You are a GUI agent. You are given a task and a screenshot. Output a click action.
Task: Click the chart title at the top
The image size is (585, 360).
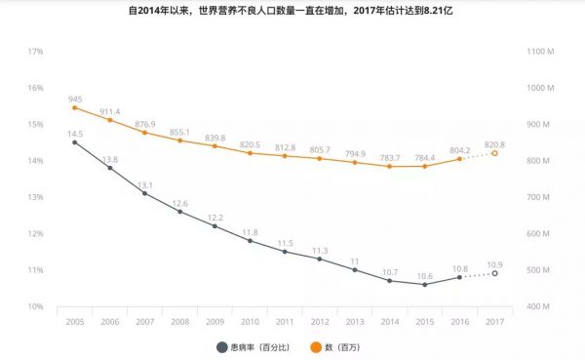pyautogui.click(x=292, y=10)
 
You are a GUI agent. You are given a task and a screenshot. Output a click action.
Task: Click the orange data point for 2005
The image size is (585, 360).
pyautogui.click(x=75, y=107)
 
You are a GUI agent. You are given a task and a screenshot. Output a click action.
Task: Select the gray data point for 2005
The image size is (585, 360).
pyautogui.click(x=75, y=142)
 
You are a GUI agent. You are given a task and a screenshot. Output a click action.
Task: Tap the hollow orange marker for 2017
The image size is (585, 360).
pyautogui.click(x=494, y=153)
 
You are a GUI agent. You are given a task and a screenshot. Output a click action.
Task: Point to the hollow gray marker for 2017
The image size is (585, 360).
pyautogui.click(x=494, y=273)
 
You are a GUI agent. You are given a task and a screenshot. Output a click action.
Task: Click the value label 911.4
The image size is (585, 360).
pyautogui.click(x=109, y=112)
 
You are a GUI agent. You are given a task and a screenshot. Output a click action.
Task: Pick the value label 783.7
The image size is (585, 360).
pyautogui.click(x=390, y=158)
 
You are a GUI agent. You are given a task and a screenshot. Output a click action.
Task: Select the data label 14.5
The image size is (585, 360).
pyautogui.click(x=75, y=133)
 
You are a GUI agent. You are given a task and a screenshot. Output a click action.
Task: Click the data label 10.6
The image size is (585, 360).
pyautogui.click(x=424, y=276)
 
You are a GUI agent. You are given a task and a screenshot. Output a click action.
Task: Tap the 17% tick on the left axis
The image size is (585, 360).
pyautogui.click(x=35, y=51)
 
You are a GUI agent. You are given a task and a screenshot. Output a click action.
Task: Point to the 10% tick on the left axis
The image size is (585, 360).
pyautogui.click(x=35, y=306)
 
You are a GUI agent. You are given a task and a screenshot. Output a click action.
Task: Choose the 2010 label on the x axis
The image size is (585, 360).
pyautogui.click(x=250, y=320)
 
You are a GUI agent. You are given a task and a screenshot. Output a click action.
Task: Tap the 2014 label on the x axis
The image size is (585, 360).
pyautogui.click(x=389, y=320)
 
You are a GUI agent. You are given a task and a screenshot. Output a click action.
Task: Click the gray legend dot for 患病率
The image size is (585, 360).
pyautogui.click(x=220, y=345)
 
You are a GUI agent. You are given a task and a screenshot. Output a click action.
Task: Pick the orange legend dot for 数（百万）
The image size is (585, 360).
pyautogui.click(x=314, y=345)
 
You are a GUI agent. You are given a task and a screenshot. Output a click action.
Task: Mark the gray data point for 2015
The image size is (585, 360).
pyautogui.click(x=424, y=285)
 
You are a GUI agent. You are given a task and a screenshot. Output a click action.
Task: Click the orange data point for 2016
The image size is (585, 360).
pyautogui.click(x=459, y=159)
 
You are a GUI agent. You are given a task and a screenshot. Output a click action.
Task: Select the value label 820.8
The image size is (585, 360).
pyautogui.click(x=494, y=142)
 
